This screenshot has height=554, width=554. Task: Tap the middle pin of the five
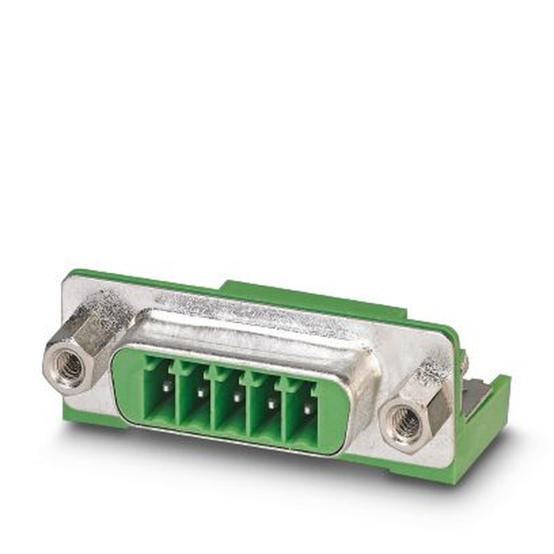pyautogui.click(x=236, y=398)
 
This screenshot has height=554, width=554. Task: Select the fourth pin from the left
pyautogui.click(x=271, y=404)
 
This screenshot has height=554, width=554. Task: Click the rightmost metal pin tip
pyautogui.click(x=307, y=410)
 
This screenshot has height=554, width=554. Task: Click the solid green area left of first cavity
pyautogui.click(x=129, y=388)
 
